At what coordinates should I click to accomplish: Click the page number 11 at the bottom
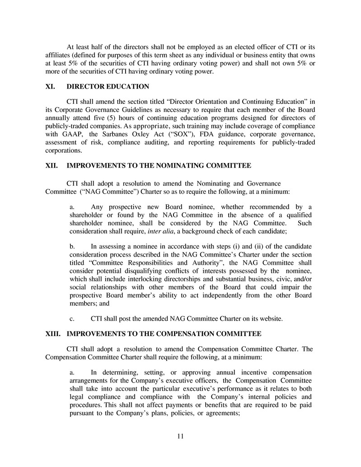[x=180, y=436]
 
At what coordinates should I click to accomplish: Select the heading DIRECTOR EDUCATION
[x=108, y=86]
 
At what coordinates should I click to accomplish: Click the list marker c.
[x=72, y=319]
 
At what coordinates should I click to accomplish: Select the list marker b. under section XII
[x=72, y=247]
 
